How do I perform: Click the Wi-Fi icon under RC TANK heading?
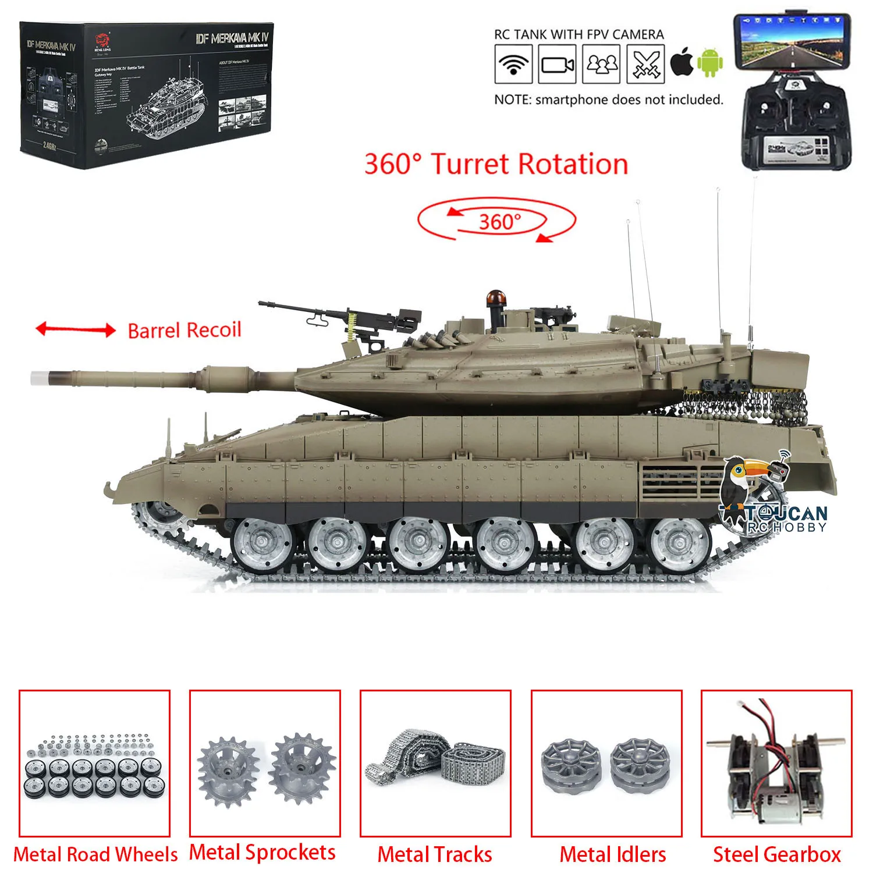tap(513, 64)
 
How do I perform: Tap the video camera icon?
tap(558, 64)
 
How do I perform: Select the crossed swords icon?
tap(645, 64)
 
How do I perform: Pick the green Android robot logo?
tap(711, 63)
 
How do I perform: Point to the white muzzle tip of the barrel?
tap(38, 378)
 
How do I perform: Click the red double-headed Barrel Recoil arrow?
tap(76, 330)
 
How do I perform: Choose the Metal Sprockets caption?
tap(262, 853)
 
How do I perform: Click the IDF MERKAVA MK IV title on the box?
tap(232, 39)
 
